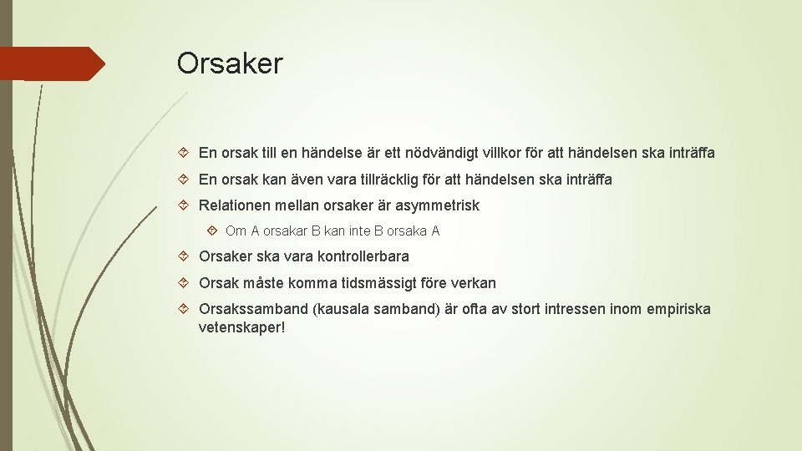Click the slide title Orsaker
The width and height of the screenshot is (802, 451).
(230, 63)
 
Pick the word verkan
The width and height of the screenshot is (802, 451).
(473, 283)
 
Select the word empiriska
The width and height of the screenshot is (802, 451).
(678, 309)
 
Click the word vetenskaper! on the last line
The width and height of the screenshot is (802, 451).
(241, 327)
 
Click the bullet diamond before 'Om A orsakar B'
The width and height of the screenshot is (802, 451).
(213, 231)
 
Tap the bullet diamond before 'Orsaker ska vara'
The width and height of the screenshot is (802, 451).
(187, 256)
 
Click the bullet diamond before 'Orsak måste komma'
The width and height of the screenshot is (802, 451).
(187, 283)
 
